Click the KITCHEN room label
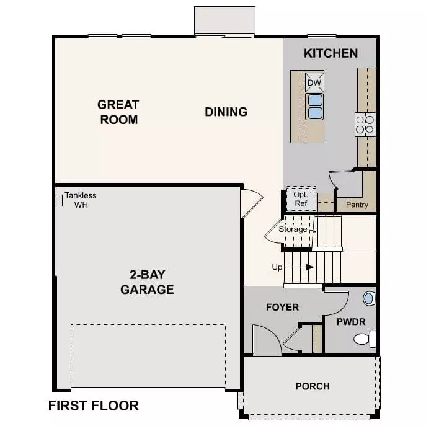[331, 53]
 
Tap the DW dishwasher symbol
[314, 82]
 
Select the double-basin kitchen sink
[314, 107]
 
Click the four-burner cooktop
[365, 125]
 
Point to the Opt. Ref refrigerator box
[301, 199]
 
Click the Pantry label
[357, 205]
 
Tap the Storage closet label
[293, 229]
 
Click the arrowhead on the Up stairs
[310, 267]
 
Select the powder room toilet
[365, 339]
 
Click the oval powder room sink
[369, 298]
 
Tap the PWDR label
[351, 322]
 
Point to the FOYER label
[283, 308]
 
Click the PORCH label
[313, 386]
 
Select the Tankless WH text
[81, 200]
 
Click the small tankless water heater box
[59, 200]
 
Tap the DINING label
[226, 112]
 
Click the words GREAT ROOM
[118, 112]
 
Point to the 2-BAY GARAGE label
[147, 282]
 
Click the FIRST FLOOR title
[94, 406]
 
